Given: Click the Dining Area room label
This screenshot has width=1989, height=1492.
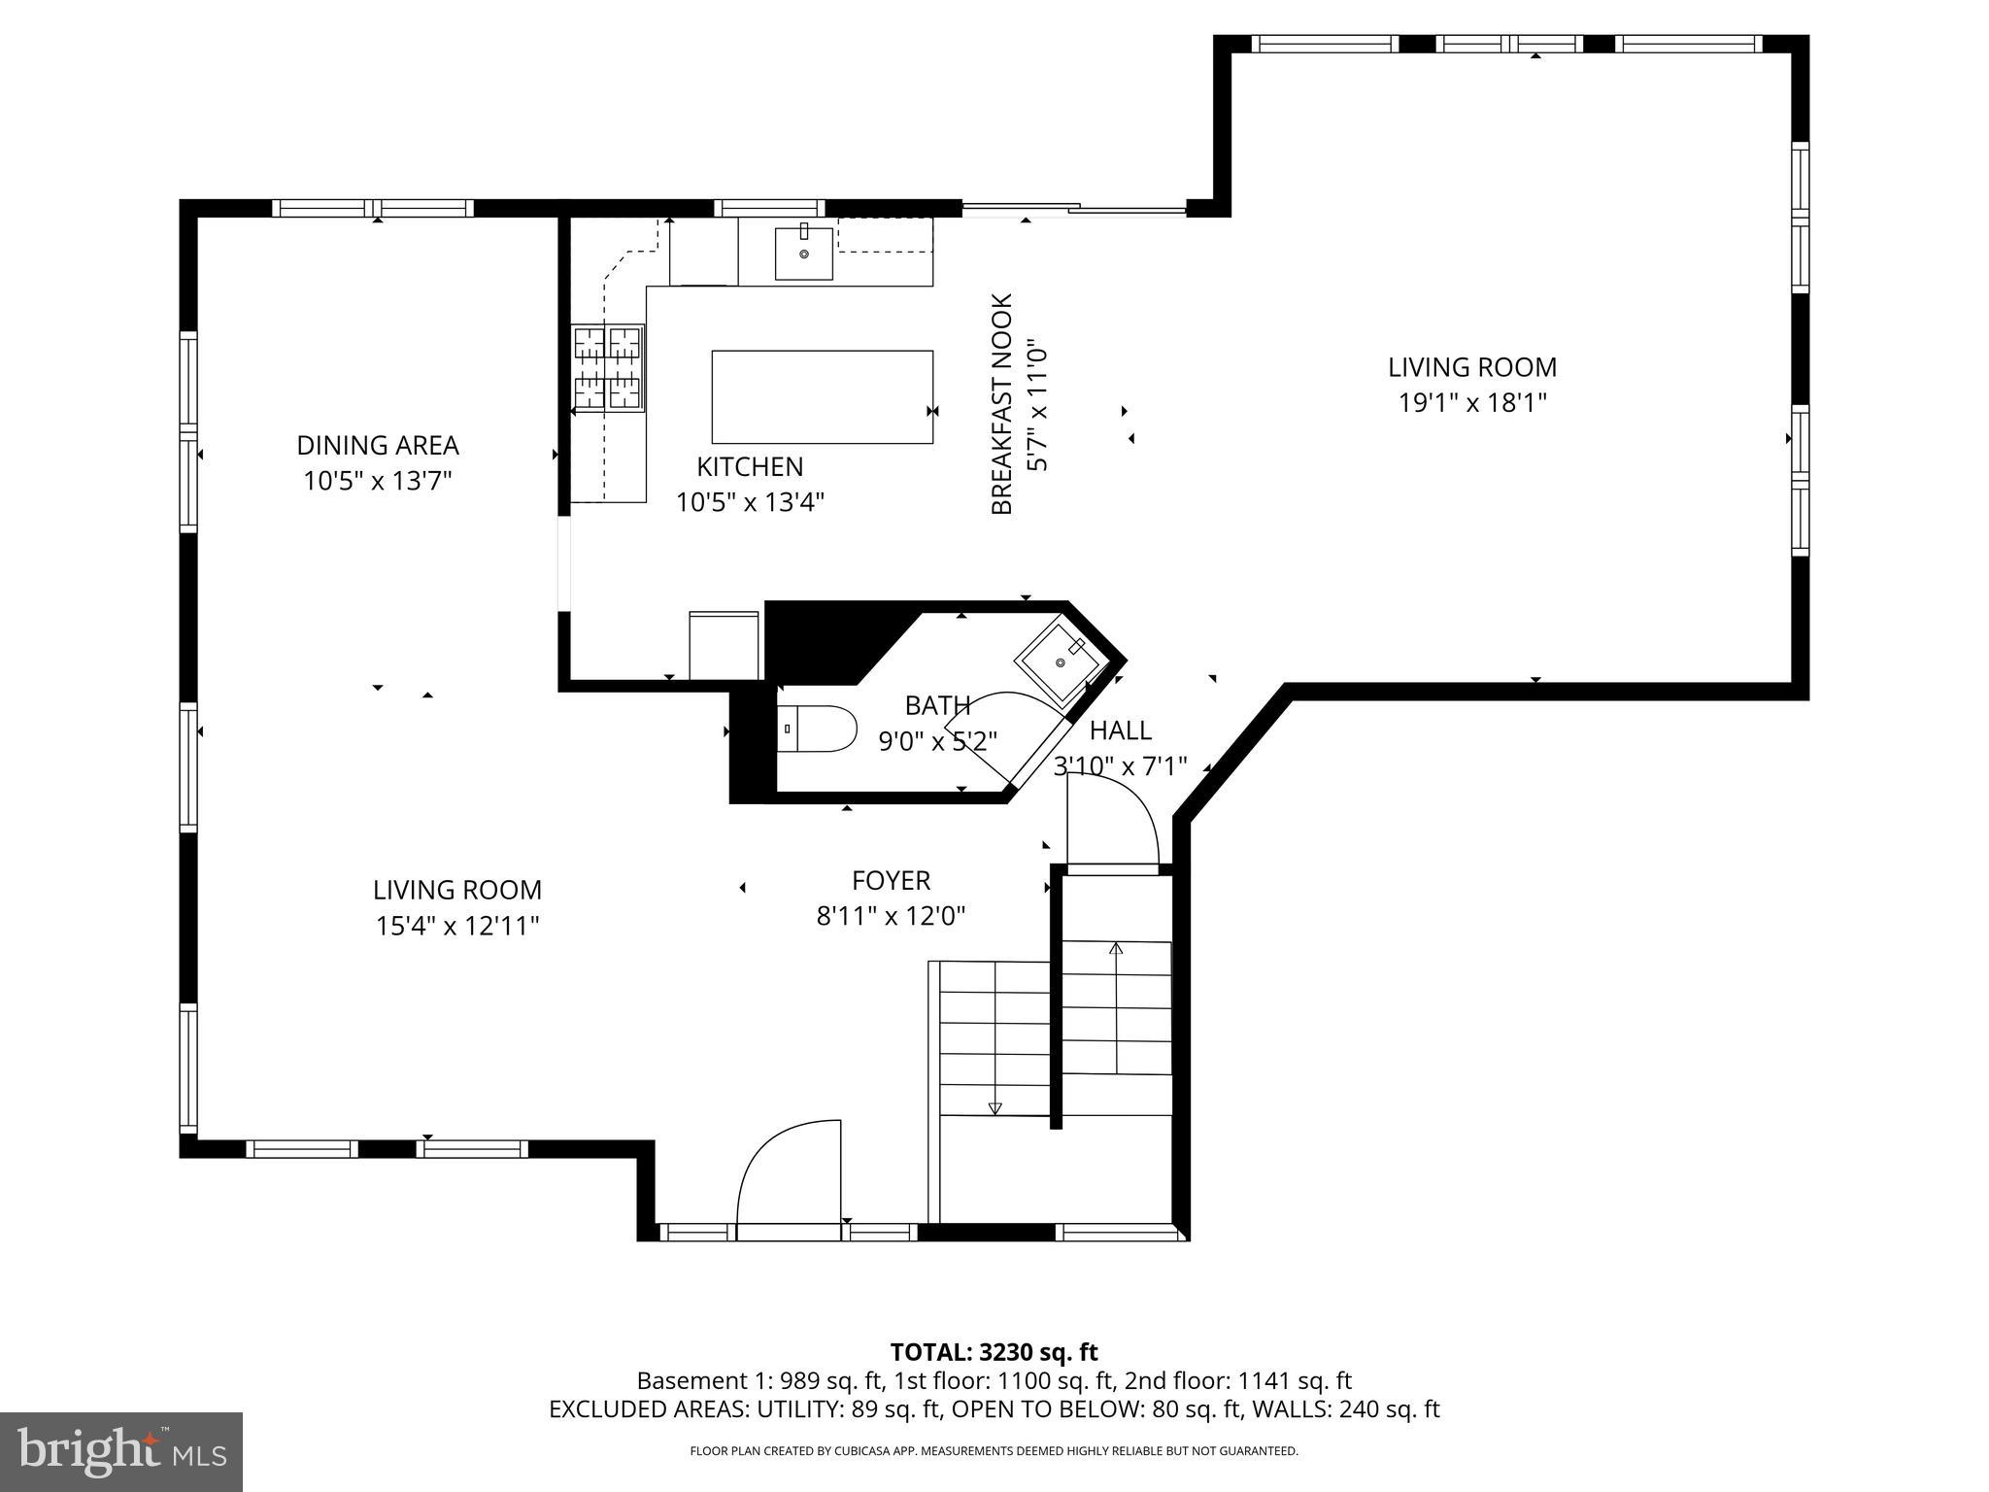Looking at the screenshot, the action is [378, 445].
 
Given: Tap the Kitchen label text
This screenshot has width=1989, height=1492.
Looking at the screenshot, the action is [750, 466].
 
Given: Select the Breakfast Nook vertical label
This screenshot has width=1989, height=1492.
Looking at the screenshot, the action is [1002, 404].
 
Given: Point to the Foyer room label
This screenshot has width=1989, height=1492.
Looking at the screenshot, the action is [891, 880].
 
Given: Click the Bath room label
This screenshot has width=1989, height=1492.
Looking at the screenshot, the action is [937, 705].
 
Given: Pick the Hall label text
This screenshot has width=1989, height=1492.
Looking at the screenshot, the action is [1121, 730].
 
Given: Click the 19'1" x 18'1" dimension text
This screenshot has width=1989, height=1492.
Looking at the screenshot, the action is [1472, 402].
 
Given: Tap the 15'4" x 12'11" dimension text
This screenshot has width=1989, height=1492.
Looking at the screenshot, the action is [457, 926].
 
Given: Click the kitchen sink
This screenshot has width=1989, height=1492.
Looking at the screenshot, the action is [804, 252].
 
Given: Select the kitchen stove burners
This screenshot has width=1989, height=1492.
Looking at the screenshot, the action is [609, 368].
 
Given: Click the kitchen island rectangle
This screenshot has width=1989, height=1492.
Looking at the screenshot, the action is [823, 397].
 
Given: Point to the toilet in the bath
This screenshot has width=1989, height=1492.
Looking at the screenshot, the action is [817, 729].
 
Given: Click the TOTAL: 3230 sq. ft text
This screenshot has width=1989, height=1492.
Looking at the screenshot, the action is [994, 1352].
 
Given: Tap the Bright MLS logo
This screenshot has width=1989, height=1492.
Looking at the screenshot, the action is [121, 1452].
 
